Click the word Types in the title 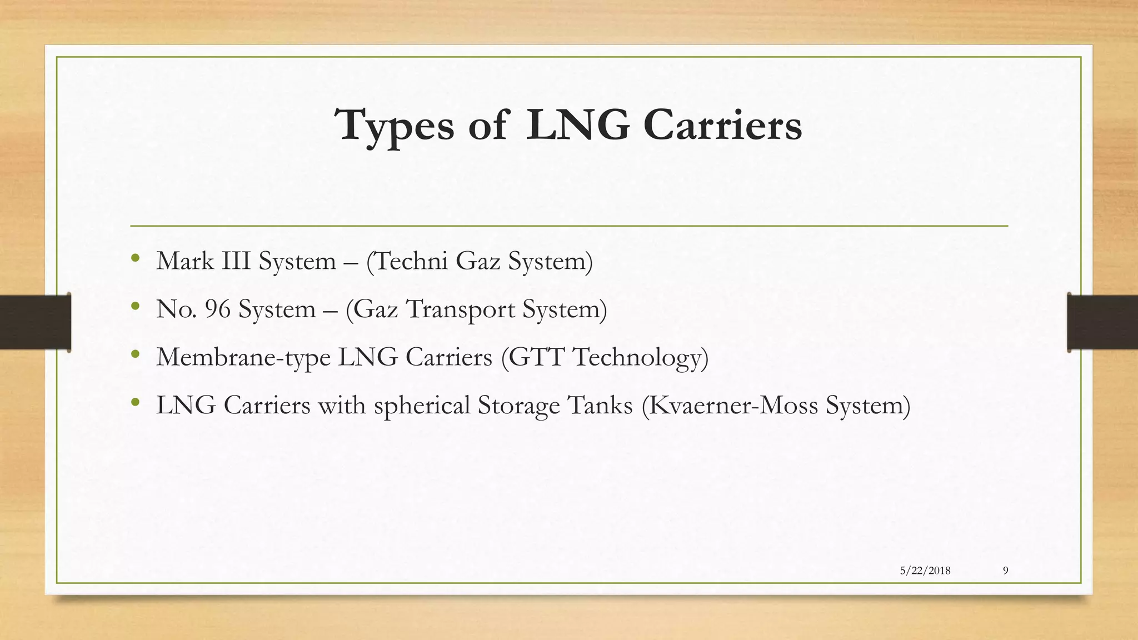(394, 126)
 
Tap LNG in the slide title (577, 126)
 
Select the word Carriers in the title (722, 126)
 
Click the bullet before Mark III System (135, 258)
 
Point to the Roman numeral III (236, 261)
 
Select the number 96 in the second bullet (217, 309)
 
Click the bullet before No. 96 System (135, 306)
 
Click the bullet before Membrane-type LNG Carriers (135, 354)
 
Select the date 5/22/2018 (925, 571)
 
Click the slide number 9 (1006, 571)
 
